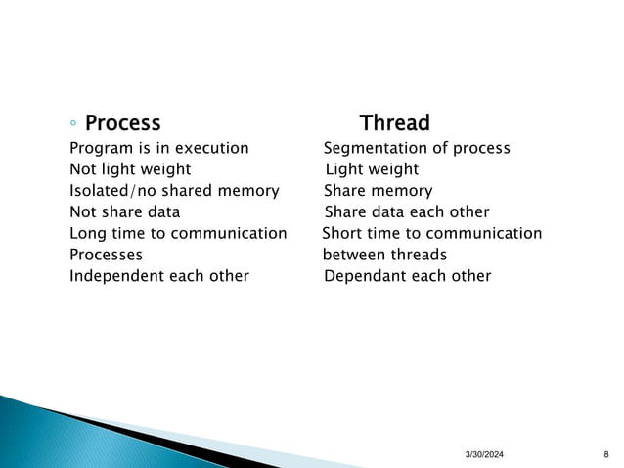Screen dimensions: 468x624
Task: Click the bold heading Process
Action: pos(122,123)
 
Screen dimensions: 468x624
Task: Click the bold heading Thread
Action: pos(394,123)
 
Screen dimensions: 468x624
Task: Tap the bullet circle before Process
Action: pos(74,124)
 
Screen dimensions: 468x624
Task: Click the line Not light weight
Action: pos(130,169)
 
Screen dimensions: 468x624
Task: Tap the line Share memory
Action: pos(378,191)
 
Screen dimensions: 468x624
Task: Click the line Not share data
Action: pos(124,212)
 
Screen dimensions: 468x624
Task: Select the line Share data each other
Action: pos(406,212)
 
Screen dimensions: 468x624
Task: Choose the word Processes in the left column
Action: pos(106,255)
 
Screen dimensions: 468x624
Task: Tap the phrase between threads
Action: pos(384,255)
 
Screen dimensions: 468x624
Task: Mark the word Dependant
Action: pos(365,276)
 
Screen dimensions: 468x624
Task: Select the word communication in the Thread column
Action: pos(484,233)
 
